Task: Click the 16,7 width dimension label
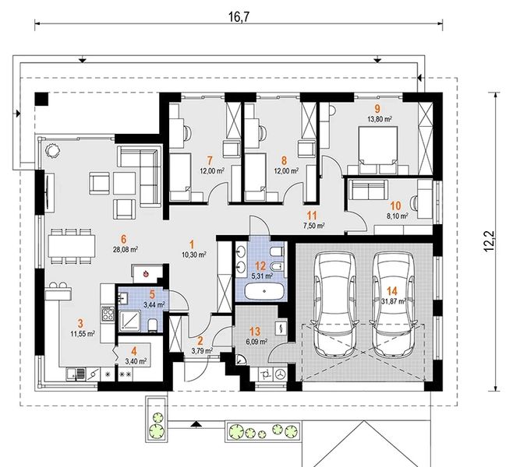(239, 17)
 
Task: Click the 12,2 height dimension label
(489, 241)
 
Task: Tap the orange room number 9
(378, 108)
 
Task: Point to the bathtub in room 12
(264, 290)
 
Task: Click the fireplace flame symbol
(146, 274)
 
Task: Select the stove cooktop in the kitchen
(108, 314)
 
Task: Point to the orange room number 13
(255, 332)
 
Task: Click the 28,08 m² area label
(125, 250)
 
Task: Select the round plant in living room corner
(52, 150)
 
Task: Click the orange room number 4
(134, 351)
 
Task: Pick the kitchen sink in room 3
(76, 374)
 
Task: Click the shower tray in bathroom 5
(130, 321)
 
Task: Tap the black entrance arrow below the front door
(196, 424)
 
